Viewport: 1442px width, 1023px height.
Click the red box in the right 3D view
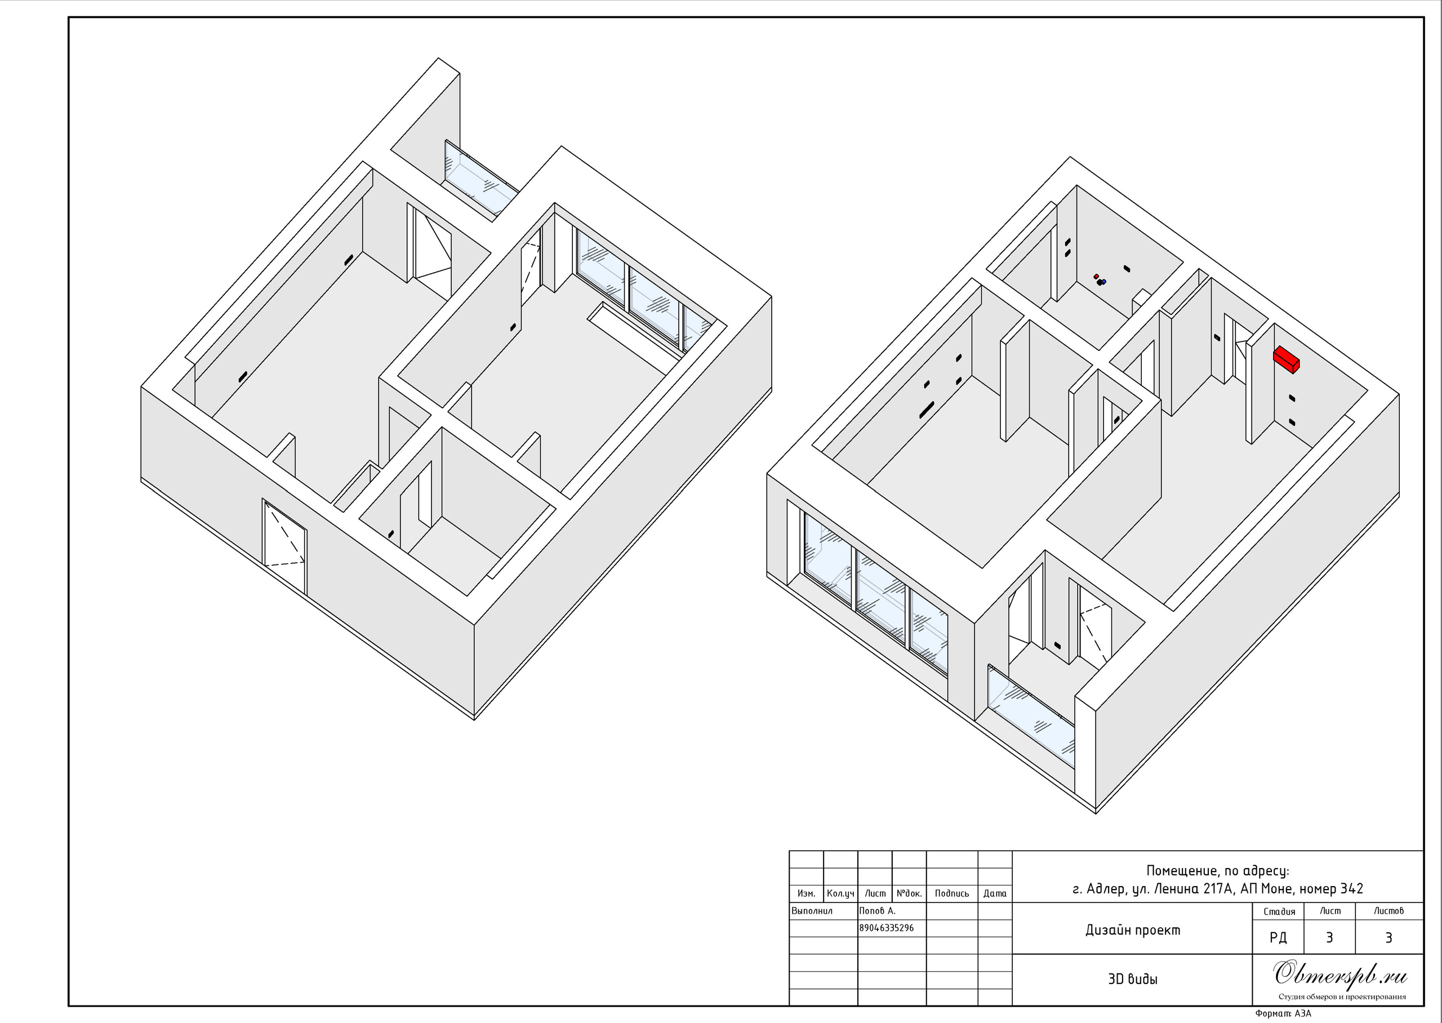coord(1287,359)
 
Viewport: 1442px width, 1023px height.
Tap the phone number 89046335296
coord(887,928)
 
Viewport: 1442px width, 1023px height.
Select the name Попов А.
coord(877,911)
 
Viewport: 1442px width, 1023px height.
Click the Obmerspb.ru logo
coord(1340,974)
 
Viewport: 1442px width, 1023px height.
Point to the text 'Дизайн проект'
coord(1133,931)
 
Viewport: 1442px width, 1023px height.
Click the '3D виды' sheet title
coord(1133,979)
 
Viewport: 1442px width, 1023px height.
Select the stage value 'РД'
coord(1278,937)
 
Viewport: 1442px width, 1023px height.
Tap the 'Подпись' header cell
coord(952,894)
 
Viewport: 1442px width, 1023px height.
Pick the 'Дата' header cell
coord(995,894)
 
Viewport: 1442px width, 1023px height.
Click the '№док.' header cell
coord(909,894)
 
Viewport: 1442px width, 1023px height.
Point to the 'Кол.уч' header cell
coord(840,894)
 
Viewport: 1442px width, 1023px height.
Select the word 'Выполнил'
coord(812,911)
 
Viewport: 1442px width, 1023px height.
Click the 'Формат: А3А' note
coord(1283,1013)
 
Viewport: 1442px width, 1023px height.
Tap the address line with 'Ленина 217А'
coord(1218,889)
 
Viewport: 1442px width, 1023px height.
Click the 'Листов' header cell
coord(1388,911)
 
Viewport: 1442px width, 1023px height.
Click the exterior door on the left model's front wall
coord(284,547)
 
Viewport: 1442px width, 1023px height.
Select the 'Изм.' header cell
coord(807,894)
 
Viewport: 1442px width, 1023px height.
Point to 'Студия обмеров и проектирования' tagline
coord(1342,997)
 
